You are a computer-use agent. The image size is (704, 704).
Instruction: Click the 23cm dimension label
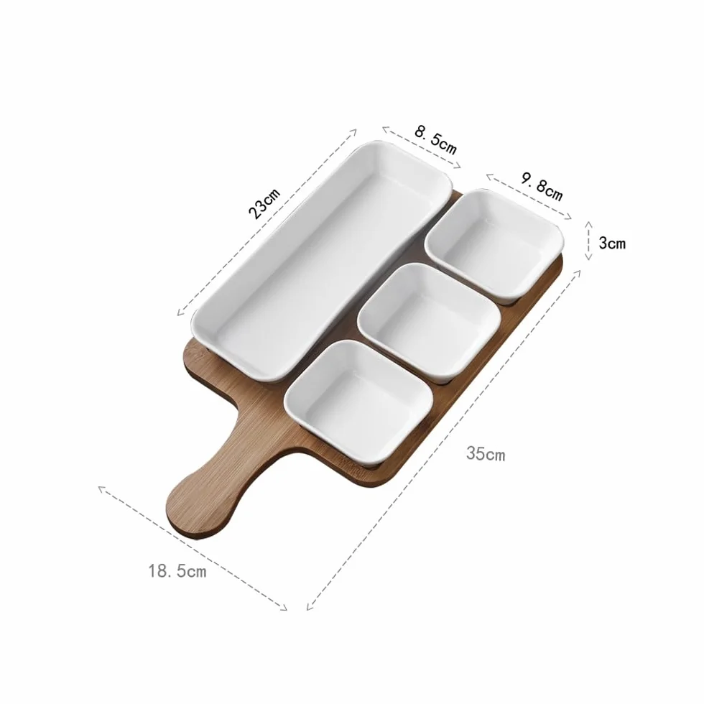pyautogui.click(x=264, y=203)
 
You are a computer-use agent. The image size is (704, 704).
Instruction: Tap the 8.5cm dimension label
pyautogui.click(x=435, y=139)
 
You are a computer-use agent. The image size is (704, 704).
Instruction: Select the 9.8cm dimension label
pyautogui.click(x=542, y=185)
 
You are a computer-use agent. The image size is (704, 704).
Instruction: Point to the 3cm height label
pyautogui.click(x=612, y=243)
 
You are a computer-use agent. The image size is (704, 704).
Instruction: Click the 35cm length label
pyautogui.click(x=486, y=453)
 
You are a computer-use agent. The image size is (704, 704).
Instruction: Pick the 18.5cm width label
pyautogui.click(x=177, y=570)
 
